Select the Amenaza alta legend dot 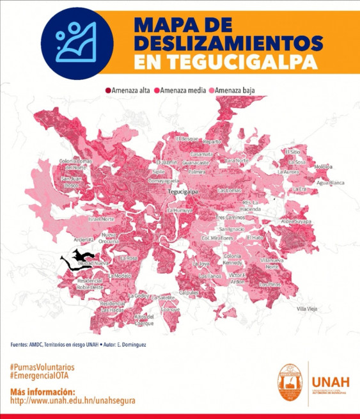coord(108,91)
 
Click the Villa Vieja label coord(307,309)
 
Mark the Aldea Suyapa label coord(295,221)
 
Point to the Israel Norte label coord(101,219)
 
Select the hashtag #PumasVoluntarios coord(42,367)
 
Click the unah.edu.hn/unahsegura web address coord(73,400)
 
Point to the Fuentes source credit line coord(86,345)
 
